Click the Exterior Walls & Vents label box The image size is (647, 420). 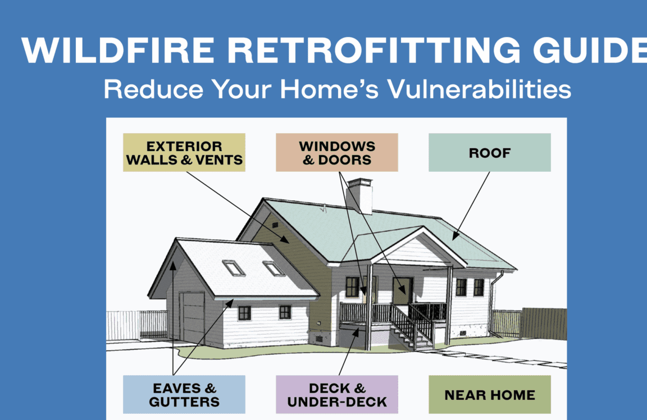[x=184, y=152]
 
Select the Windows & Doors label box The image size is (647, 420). [x=336, y=152]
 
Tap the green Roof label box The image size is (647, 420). [x=489, y=152]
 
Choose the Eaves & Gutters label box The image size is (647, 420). [x=184, y=394]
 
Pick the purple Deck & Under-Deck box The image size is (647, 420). [x=336, y=394]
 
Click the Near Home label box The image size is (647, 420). [x=489, y=394]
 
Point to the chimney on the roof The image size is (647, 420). [x=359, y=195]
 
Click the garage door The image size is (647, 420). [x=193, y=317]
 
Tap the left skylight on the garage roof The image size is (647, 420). [x=234, y=268]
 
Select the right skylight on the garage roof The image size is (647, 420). [x=274, y=268]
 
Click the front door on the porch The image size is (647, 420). [x=402, y=291]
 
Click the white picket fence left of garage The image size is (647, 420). [x=135, y=324]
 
